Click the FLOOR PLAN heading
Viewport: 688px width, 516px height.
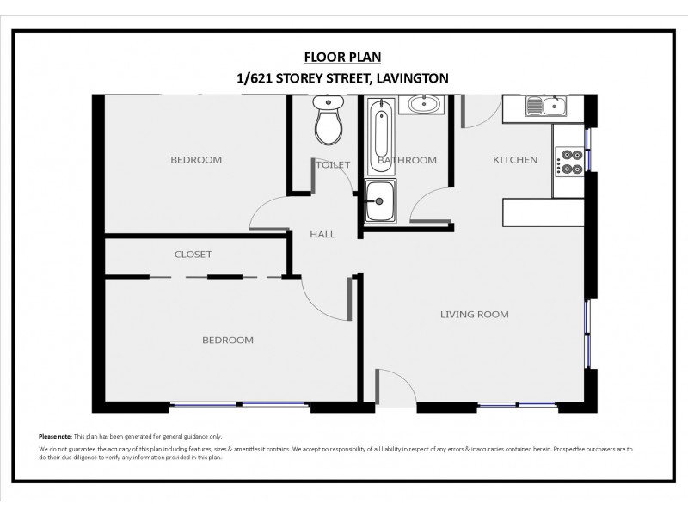point(343,58)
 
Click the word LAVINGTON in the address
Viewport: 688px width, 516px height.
point(410,78)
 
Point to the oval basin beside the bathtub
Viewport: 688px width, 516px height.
point(423,105)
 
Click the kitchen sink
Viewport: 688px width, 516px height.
point(545,107)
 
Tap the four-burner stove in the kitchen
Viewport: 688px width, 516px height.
point(570,161)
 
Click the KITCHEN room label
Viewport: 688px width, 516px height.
point(515,160)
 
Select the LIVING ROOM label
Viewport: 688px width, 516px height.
point(474,315)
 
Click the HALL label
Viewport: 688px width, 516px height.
point(322,234)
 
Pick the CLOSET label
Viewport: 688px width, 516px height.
point(193,255)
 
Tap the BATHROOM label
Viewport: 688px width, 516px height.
point(407,160)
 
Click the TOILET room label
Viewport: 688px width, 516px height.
point(333,164)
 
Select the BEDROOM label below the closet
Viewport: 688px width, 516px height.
point(227,341)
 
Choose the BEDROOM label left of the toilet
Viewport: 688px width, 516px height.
point(196,160)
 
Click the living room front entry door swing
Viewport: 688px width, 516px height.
point(394,385)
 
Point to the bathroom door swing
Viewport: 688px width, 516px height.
point(428,205)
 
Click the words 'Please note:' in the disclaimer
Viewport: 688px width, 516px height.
point(55,437)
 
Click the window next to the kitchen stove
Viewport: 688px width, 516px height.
point(588,138)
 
